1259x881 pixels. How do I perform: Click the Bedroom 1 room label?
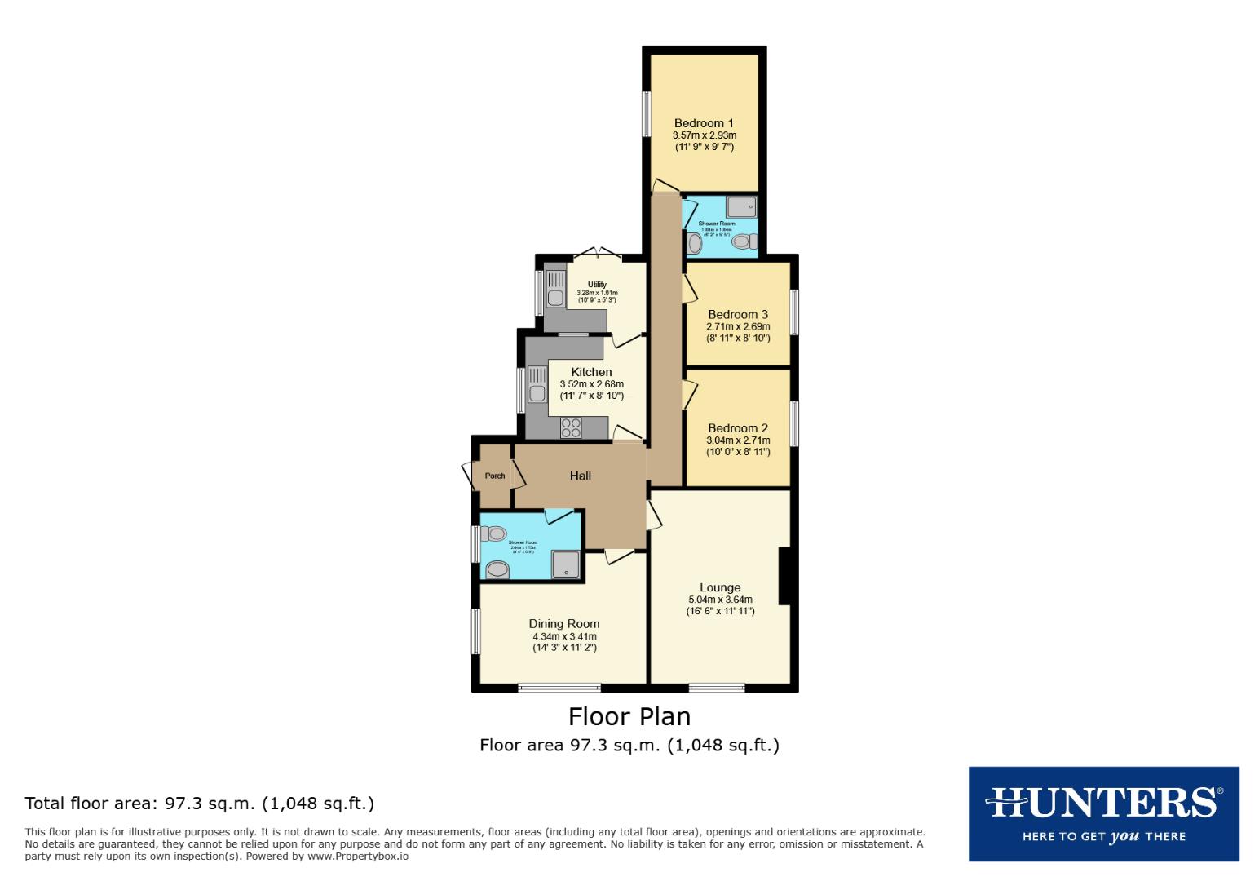tap(704, 123)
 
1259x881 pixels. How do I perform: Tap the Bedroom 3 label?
tap(738, 314)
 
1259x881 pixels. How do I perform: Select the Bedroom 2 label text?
tap(738, 428)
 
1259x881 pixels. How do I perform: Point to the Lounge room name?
tap(720, 587)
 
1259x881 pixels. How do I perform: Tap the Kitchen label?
tap(591, 372)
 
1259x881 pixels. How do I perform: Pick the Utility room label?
tap(597, 285)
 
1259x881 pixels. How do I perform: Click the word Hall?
tap(581, 476)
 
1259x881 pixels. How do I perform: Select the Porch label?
tap(495, 476)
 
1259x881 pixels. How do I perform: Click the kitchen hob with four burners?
tap(571, 427)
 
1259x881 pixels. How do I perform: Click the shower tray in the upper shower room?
tap(742, 206)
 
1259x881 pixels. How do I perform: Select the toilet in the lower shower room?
tap(494, 534)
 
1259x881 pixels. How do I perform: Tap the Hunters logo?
tap(1103, 813)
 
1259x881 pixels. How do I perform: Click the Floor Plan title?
tap(629, 716)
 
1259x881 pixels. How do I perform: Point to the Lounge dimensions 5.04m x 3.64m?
tap(720, 600)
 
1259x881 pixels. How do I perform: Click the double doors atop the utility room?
tap(595, 254)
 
